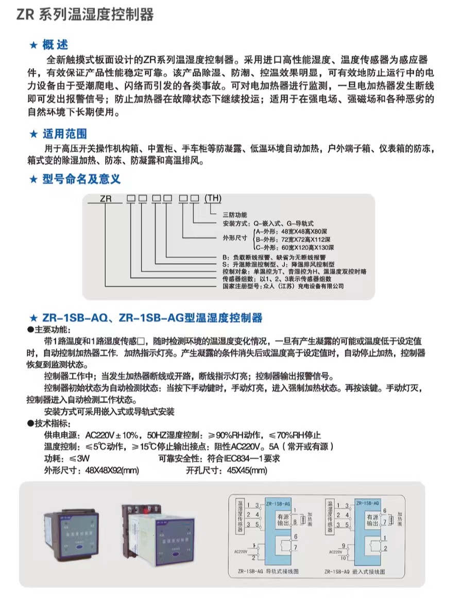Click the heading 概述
[x=56, y=45]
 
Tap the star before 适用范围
[x=33, y=135]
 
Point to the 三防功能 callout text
[x=235, y=214]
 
